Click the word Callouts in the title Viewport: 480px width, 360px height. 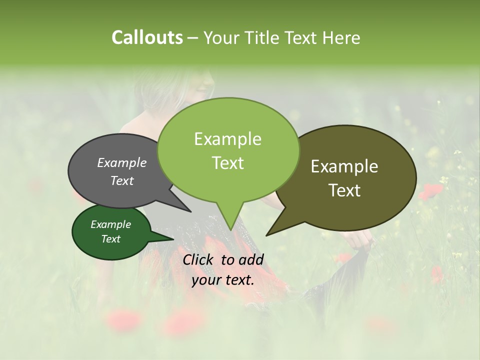pos(147,37)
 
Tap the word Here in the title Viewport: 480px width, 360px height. pos(341,37)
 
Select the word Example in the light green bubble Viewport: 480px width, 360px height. pos(227,139)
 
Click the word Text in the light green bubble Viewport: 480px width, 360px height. pos(227,163)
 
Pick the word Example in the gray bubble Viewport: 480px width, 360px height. pos(121,162)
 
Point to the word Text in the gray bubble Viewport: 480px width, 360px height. pos(121,180)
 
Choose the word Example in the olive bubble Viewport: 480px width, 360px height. pos(344,166)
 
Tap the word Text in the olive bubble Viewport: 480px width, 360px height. pos(344,190)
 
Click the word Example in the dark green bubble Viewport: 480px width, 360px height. pos(110,224)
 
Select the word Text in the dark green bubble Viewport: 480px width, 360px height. pos(110,239)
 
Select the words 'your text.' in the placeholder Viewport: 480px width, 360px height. pos(223,280)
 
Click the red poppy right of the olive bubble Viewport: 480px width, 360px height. pos(430,191)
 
